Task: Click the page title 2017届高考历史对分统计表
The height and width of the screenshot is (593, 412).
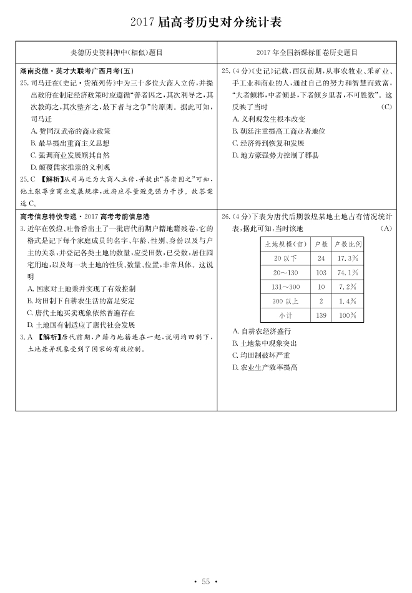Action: coord(206,22)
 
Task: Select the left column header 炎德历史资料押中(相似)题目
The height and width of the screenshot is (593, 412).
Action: coord(116,54)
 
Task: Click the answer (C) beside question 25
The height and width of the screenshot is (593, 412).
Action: coord(386,107)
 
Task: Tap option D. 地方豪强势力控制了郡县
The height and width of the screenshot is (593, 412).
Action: coord(275,155)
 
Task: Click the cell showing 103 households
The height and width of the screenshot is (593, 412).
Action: coord(321,273)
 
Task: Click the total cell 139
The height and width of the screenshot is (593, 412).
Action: coord(321,316)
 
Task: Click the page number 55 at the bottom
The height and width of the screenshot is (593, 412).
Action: coord(206,582)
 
